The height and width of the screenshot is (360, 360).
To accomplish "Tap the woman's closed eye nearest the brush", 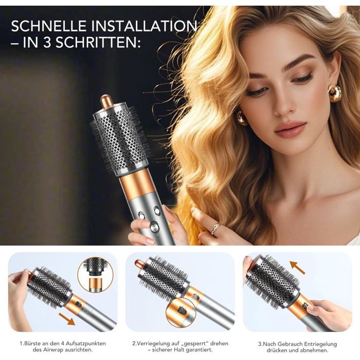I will [257, 92].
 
